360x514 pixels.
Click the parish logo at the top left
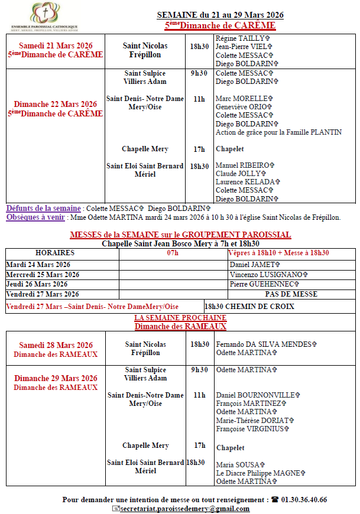44,17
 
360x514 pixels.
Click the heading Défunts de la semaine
43,209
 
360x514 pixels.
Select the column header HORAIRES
54,253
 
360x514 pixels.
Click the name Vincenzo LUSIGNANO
268,275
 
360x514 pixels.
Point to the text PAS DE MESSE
291,294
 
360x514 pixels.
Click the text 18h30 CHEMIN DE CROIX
249,307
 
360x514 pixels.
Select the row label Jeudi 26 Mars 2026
38,284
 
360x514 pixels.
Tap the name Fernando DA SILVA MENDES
266,344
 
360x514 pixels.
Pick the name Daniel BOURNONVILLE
258,395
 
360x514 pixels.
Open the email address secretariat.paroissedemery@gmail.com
184,509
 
